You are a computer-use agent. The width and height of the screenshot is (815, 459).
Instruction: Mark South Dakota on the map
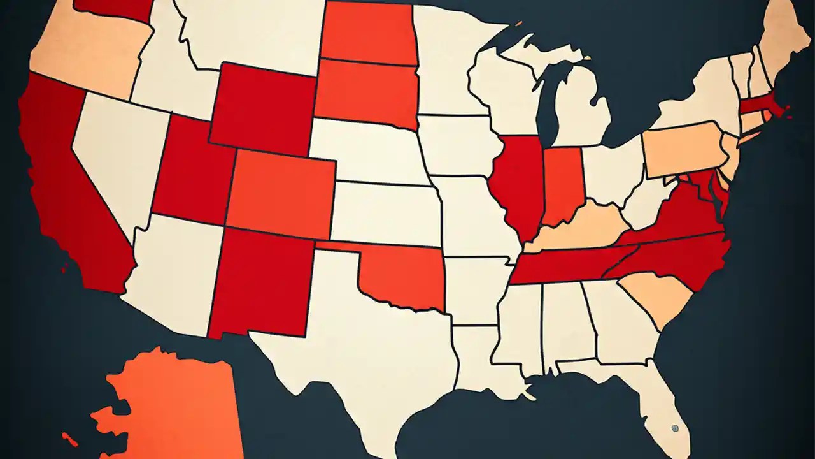366,92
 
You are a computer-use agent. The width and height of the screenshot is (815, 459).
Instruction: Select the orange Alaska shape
172,402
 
